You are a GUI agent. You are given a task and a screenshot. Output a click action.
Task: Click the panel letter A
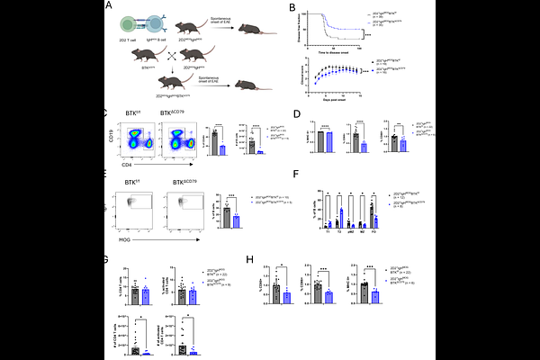[109, 6]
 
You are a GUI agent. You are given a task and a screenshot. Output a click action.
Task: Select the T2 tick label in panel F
[343, 230]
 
